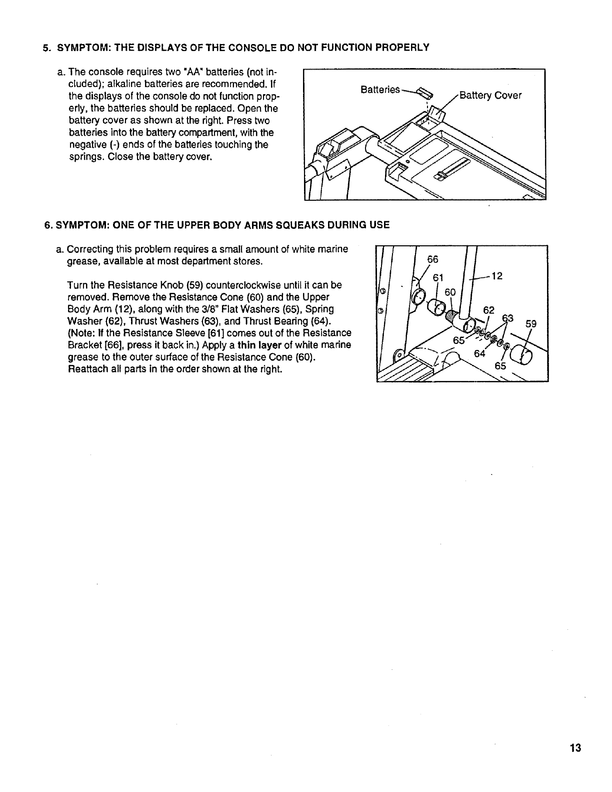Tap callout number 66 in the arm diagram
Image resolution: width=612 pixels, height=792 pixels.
pos(432,259)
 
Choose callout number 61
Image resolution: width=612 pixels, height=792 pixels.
pos(438,277)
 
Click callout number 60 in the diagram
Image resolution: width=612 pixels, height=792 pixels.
pos(450,292)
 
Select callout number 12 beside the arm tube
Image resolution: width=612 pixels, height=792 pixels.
pos(497,276)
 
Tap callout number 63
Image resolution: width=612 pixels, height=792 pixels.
pos(507,317)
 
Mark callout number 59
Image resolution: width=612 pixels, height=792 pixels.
pos(530,323)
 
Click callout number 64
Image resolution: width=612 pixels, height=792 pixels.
pos(480,353)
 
